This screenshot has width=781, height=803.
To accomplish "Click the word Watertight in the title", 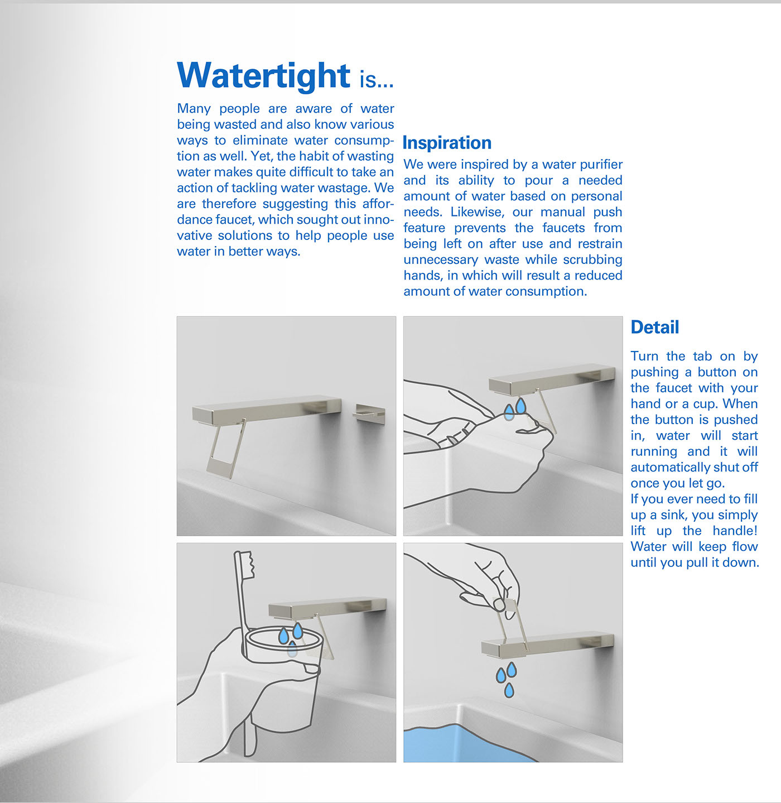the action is click(263, 75).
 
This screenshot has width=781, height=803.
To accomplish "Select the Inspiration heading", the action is click(447, 143).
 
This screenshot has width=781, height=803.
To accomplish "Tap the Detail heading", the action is click(655, 327).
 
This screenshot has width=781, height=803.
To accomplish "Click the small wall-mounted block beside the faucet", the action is click(370, 413).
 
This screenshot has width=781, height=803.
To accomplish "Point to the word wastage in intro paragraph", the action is click(346, 187).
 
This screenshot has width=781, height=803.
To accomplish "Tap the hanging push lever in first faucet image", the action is click(226, 449).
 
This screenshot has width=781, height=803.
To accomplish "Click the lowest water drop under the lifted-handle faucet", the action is click(509, 690).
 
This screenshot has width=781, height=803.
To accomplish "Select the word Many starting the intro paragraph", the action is click(194, 108).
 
